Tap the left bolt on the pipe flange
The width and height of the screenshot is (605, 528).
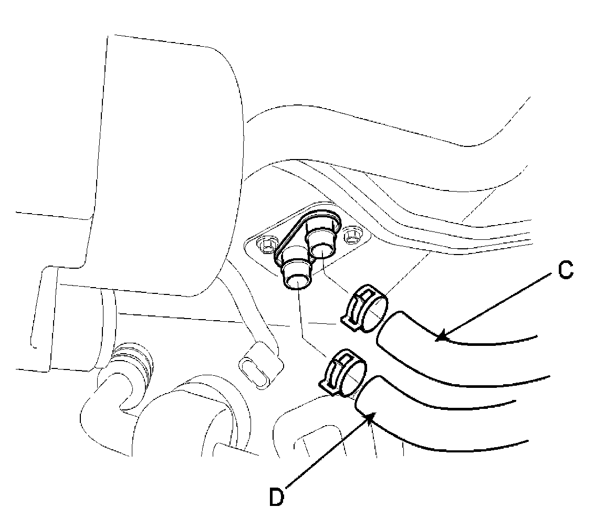point(265,242)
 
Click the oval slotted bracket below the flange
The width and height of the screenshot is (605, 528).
point(256,366)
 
